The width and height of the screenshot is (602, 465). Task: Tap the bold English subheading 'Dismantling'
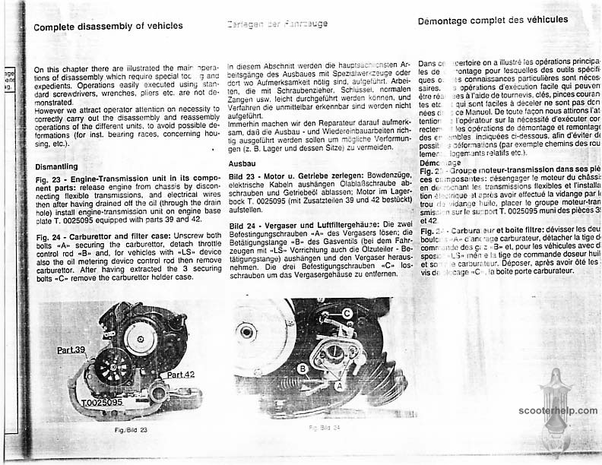(x=56, y=166)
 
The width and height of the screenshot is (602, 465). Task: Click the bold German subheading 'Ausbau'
(x=242, y=163)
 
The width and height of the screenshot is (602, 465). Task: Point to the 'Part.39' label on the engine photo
(x=72, y=350)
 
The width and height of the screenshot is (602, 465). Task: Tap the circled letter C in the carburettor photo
(x=347, y=313)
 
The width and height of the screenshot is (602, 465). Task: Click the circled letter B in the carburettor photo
(x=303, y=369)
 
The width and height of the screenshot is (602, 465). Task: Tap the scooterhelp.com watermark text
(x=558, y=411)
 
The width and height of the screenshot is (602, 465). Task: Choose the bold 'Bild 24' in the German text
(x=243, y=225)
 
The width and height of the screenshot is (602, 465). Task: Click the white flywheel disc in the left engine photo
(x=140, y=340)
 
